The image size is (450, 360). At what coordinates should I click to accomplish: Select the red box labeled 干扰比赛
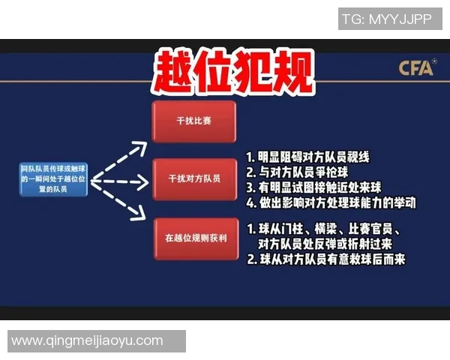193,121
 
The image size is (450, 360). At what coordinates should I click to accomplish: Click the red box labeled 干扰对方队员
193,179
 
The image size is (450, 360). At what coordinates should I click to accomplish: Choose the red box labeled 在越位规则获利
193,238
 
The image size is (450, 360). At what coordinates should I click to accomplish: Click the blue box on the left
54,181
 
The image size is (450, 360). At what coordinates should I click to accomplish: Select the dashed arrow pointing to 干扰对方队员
120,181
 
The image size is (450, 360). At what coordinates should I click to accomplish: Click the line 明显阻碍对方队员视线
308,158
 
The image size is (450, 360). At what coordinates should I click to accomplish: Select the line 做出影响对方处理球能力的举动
331,202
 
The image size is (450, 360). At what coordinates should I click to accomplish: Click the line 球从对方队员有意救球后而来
326,259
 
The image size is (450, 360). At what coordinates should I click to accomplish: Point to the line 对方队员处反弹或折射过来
324,244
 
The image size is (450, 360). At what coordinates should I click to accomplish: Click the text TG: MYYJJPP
386,19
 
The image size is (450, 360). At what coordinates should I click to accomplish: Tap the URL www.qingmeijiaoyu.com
87,340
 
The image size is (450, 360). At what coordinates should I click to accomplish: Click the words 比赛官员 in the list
371,229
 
